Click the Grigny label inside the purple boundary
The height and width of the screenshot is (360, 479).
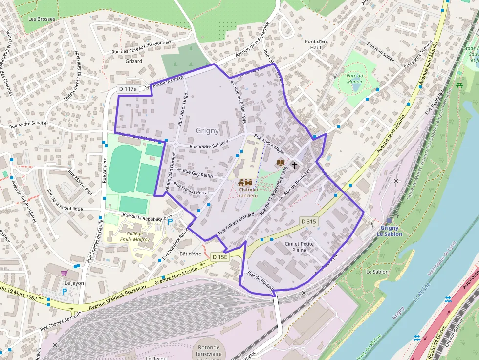(x=207, y=131)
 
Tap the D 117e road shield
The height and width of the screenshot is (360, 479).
(x=128, y=89)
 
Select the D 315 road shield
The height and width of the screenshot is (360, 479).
(x=309, y=221)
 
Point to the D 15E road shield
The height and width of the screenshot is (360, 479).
(x=219, y=257)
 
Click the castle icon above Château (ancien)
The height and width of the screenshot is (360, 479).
(x=244, y=182)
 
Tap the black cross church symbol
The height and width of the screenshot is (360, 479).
(x=295, y=165)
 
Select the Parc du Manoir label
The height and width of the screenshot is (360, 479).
(x=354, y=78)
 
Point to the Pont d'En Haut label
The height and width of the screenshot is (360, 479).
(x=315, y=44)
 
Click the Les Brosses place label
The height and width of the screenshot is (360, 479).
(x=42, y=19)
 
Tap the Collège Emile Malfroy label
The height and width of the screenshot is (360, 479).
(x=135, y=236)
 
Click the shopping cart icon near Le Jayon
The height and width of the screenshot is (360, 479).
(x=64, y=273)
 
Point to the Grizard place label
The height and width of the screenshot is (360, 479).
(x=133, y=61)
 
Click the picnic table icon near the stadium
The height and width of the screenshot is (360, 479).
(x=459, y=86)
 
